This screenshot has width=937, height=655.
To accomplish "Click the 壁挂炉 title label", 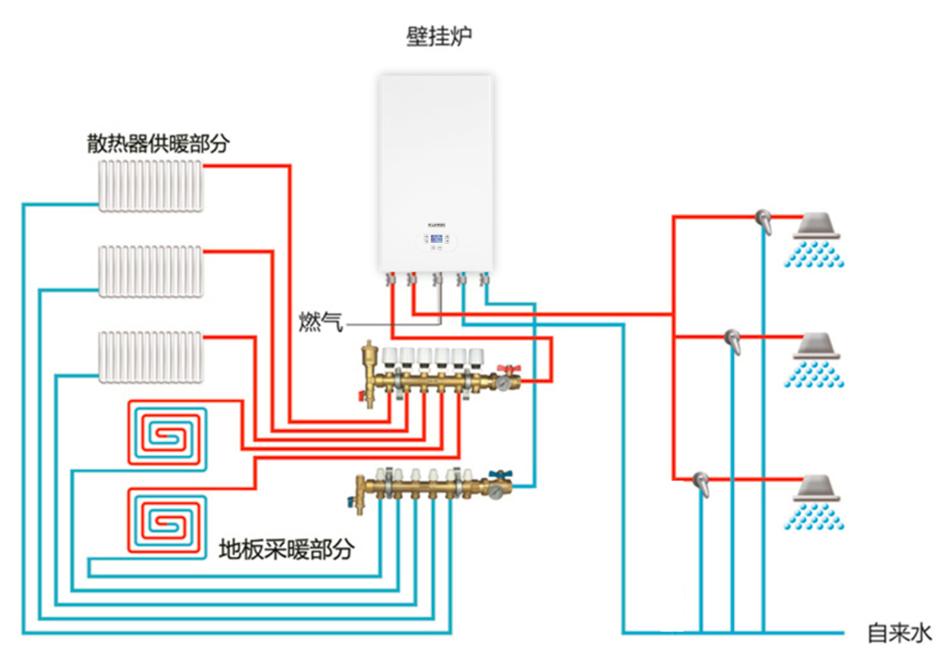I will pos(439,36).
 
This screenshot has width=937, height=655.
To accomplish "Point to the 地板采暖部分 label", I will pos(286,548).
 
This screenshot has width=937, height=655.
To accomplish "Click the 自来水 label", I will pos(900,632).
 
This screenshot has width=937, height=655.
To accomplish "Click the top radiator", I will pos(151,185).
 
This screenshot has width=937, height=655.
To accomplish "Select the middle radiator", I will pos(151,271).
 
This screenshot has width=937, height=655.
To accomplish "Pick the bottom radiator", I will pos(151,357).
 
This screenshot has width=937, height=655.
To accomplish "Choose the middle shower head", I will pos(819,346).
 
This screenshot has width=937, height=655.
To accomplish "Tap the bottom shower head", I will pos(819,489).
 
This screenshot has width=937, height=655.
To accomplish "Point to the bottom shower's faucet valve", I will pos(701,482).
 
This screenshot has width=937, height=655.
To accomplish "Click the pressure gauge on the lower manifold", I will pos(495,490).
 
